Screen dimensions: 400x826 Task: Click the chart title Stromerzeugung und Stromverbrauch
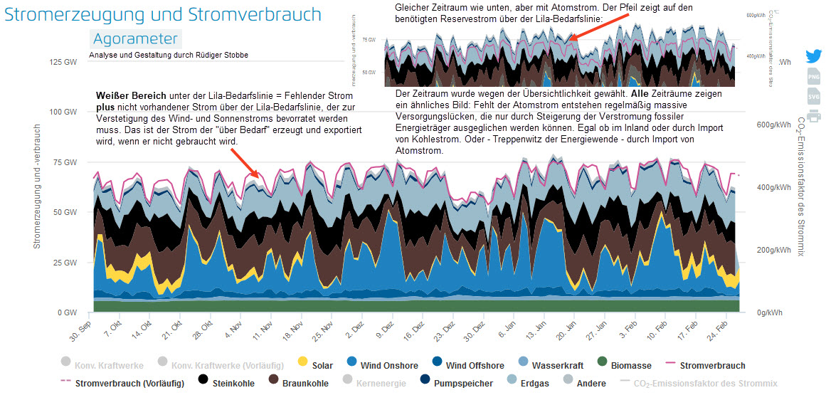[x=163, y=15]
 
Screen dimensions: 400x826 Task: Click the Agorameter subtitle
[x=135, y=38]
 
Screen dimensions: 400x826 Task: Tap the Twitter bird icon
[x=814, y=58]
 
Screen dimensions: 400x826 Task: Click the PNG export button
[x=814, y=77]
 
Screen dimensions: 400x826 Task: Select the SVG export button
[x=814, y=96]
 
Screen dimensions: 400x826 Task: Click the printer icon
[x=814, y=115]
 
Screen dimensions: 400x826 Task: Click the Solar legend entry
[x=315, y=365]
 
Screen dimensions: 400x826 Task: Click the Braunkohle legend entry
[x=297, y=383]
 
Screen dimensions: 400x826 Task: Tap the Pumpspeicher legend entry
[x=459, y=383]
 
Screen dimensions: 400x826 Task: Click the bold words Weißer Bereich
[x=131, y=95]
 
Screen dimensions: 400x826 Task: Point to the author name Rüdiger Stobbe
[x=218, y=55]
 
